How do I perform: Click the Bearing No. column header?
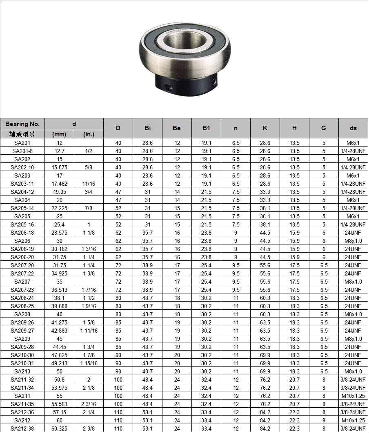point(22,124)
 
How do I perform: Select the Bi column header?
point(147,128)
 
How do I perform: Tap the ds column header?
point(353,128)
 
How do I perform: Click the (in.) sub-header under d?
point(89,134)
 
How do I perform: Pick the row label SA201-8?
point(22,151)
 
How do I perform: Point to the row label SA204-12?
point(22,192)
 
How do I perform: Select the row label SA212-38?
point(22,429)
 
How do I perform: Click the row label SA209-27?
point(22,331)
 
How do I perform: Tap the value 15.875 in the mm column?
point(59,167)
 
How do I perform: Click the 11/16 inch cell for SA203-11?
point(89,184)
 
